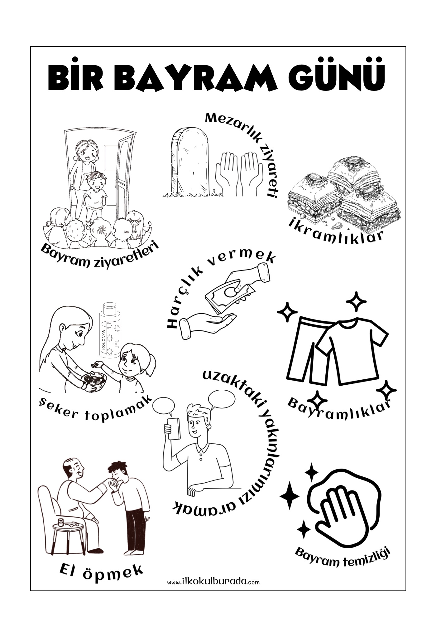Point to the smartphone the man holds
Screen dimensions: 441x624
tap(174, 429)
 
